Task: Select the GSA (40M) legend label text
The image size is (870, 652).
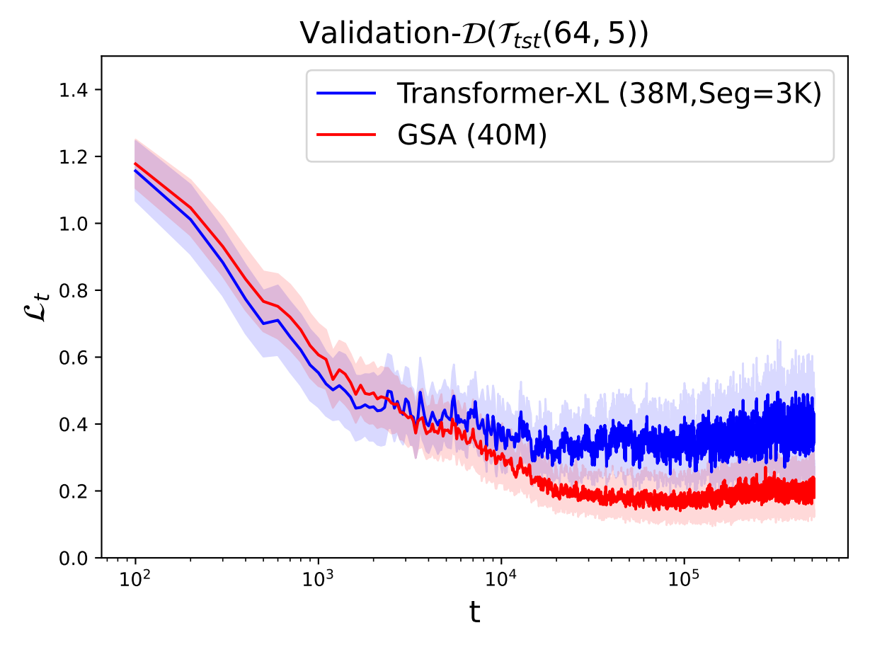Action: pos(471,135)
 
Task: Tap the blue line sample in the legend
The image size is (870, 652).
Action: pos(346,92)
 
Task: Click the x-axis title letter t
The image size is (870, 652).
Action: pos(474,614)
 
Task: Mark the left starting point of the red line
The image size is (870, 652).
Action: pos(134,164)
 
